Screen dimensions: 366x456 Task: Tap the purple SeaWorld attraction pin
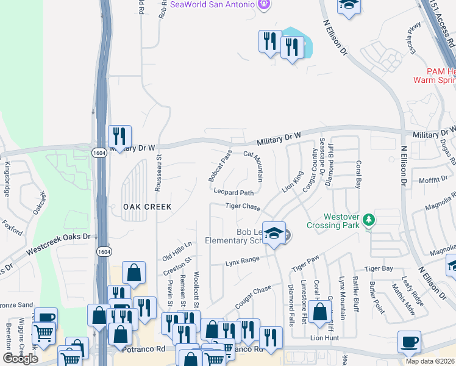[x=263, y=5]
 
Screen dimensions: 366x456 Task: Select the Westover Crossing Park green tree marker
[x=368, y=219]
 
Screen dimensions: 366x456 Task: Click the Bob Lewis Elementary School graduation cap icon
[x=275, y=234]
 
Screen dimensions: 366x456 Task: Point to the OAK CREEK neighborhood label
[x=148, y=207]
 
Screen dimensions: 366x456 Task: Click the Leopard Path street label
[x=233, y=192]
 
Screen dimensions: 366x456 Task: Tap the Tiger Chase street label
[x=243, y=207]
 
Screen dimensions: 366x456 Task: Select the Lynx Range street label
[x=243, y=261]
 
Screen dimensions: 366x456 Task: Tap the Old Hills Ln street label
[x=177, y=251]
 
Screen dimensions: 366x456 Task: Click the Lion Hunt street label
[x=324, y=337]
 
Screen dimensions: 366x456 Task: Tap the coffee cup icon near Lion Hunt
[x=409, y=342]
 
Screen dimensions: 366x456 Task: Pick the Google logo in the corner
[x=20, y=359]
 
